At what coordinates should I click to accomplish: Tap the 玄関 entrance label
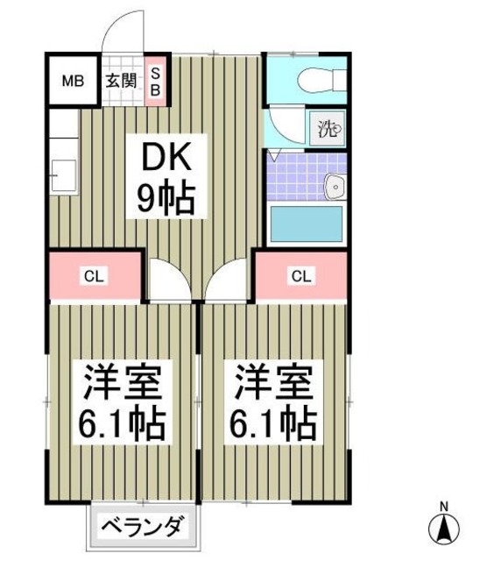121,82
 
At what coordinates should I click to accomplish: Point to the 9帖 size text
166,200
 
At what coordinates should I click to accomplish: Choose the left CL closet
94,277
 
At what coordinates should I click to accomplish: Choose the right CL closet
300,277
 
